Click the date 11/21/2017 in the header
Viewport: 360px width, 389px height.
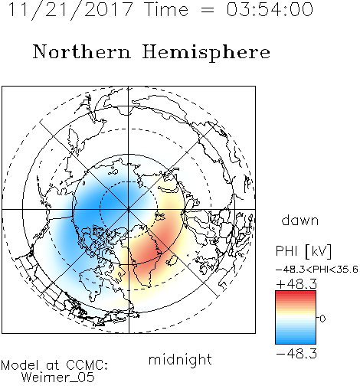[x=70, y=10]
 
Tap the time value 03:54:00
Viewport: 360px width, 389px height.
[x=270, y=10]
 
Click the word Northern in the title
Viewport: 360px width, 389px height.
[x=82, y=51]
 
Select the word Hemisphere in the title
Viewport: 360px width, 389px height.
[x=206, y=53]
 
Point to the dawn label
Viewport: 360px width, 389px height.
[x=300, y=220]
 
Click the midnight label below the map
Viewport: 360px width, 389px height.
[x=180, y=359]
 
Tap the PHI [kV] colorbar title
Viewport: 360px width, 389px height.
[x=303, y=251]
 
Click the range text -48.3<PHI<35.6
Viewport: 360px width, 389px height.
[x=317, y=270]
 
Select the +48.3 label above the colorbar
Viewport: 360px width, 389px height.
[x=296, y=284]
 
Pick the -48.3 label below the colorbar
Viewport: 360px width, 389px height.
[x=296, y=354]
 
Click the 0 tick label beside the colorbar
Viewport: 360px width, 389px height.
[x=322, y=319]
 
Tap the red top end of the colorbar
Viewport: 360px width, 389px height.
[x=296, y=293]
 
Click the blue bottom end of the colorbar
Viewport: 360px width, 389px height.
[x=296, y=342]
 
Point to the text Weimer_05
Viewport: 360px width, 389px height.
[x=58, y=378]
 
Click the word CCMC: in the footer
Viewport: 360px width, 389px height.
[x=87, y=365]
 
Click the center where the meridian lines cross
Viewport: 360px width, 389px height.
[x=129, y=209]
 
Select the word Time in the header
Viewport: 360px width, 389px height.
[x=166, y=10]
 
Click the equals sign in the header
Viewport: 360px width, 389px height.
[x=208, y=10]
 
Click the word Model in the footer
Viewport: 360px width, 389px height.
[x=20, y=365]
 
